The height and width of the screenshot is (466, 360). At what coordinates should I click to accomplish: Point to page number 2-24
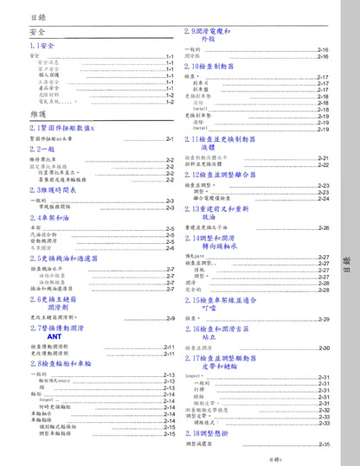click(324, 198)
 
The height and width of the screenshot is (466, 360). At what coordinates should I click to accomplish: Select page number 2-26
click(324, 227)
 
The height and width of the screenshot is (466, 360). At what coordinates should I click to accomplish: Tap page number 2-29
click(324, 319)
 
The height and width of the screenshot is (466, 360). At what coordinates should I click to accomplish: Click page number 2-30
click(324, 348)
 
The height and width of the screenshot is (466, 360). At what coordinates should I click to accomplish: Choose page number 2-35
click(324, 444)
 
